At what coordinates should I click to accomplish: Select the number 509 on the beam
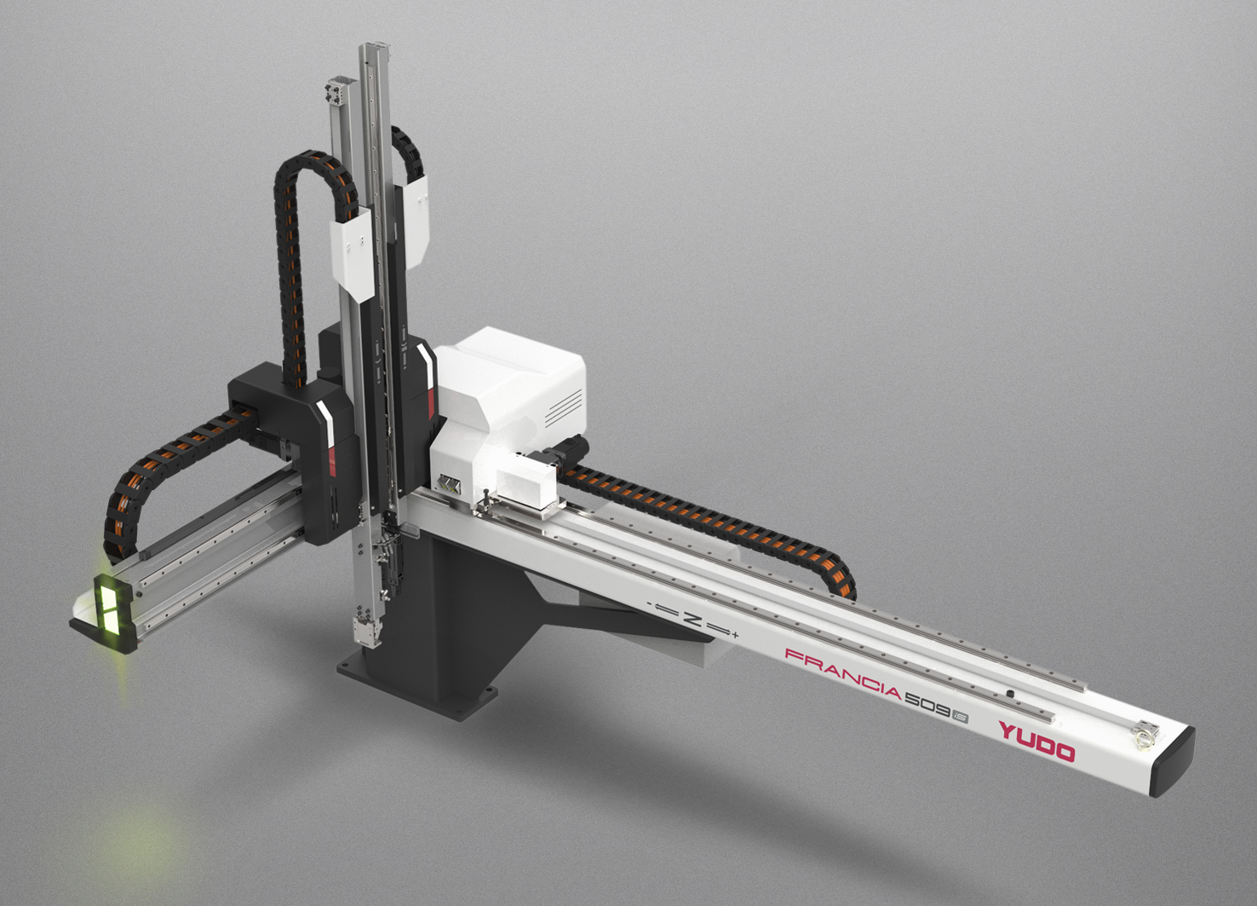pyautogui.click(x=927, y=706)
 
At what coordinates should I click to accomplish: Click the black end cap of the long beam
pyautogui.click(x=1172, y=762)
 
